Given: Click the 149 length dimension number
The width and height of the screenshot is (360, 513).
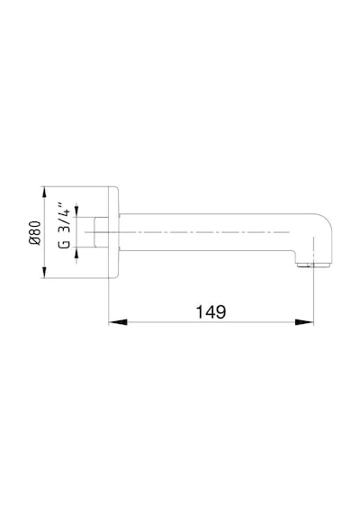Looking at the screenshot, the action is tap(211, 311).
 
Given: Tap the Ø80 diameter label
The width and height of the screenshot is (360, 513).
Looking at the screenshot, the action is tap(35, 233).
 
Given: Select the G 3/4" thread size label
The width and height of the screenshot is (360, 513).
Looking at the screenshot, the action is tap(64, 226).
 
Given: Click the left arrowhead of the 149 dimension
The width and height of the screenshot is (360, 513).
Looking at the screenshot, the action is tap(118, 322).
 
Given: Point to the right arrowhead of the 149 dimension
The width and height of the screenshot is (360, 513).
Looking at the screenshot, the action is tap(304, 322).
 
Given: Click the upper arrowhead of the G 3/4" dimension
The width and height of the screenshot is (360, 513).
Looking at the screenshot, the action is tap(76, 211).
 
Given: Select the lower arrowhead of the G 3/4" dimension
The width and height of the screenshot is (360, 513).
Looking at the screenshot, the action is tap(76, 253).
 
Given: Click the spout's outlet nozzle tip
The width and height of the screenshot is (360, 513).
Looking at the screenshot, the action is tap(313, 265).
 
